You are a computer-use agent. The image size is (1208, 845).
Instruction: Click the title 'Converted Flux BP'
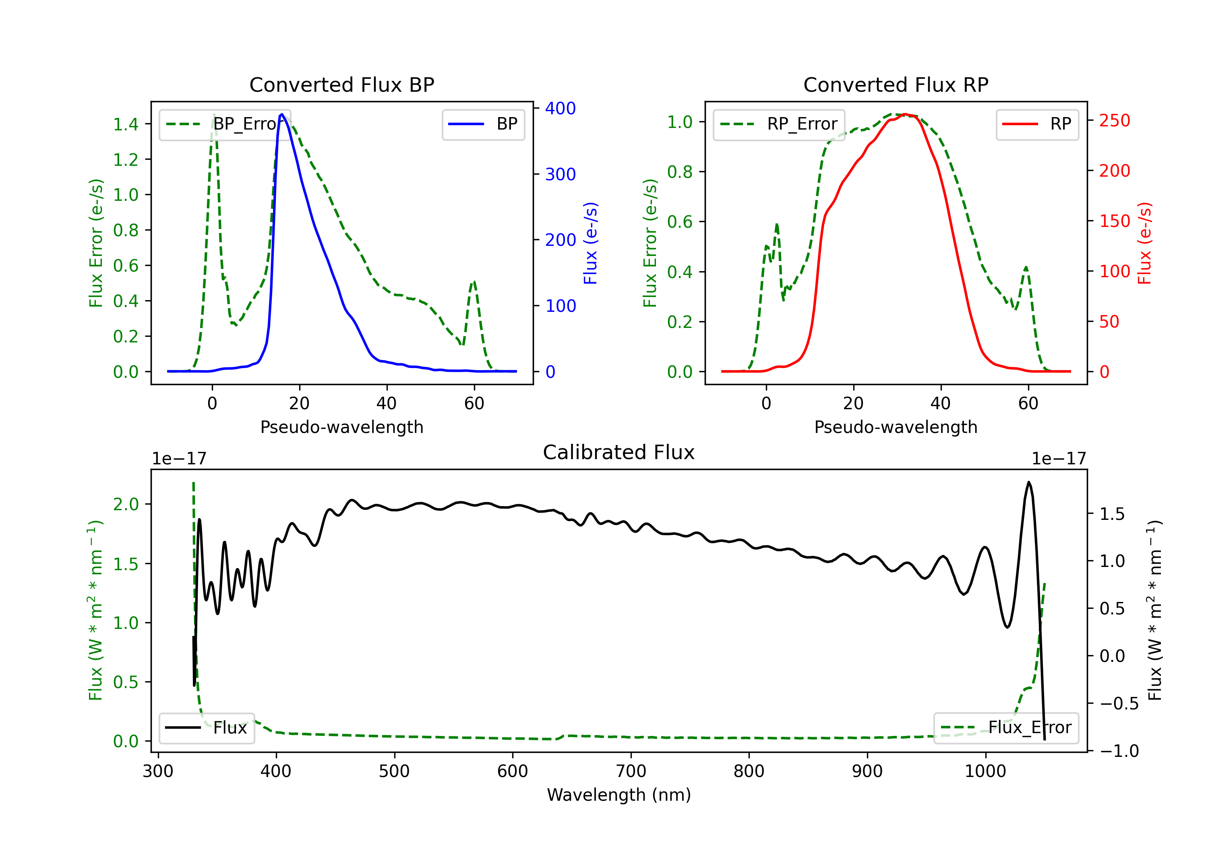tap(341, 84)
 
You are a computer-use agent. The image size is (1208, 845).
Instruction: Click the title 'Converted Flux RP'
tap(896, 84)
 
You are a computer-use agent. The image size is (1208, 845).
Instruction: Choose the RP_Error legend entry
tap(779, 124)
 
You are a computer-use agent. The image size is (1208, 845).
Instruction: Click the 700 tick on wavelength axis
tap(631, 771)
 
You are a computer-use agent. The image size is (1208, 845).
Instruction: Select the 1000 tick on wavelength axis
tap(985, 771)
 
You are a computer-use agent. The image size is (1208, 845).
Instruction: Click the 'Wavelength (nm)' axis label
tap(619, 795)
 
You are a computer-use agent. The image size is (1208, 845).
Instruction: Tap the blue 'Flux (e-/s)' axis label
tap(590, 243)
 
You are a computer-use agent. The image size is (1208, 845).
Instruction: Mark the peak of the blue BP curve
tap(282, 114)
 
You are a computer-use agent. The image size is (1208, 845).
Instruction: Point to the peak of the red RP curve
tap(905, 114)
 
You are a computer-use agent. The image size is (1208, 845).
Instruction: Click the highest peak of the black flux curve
tap(1028, 482)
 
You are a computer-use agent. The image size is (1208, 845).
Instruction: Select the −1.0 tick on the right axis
tap(1119, 751)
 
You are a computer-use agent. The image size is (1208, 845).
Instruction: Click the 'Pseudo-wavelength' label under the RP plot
tap(896, 427)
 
